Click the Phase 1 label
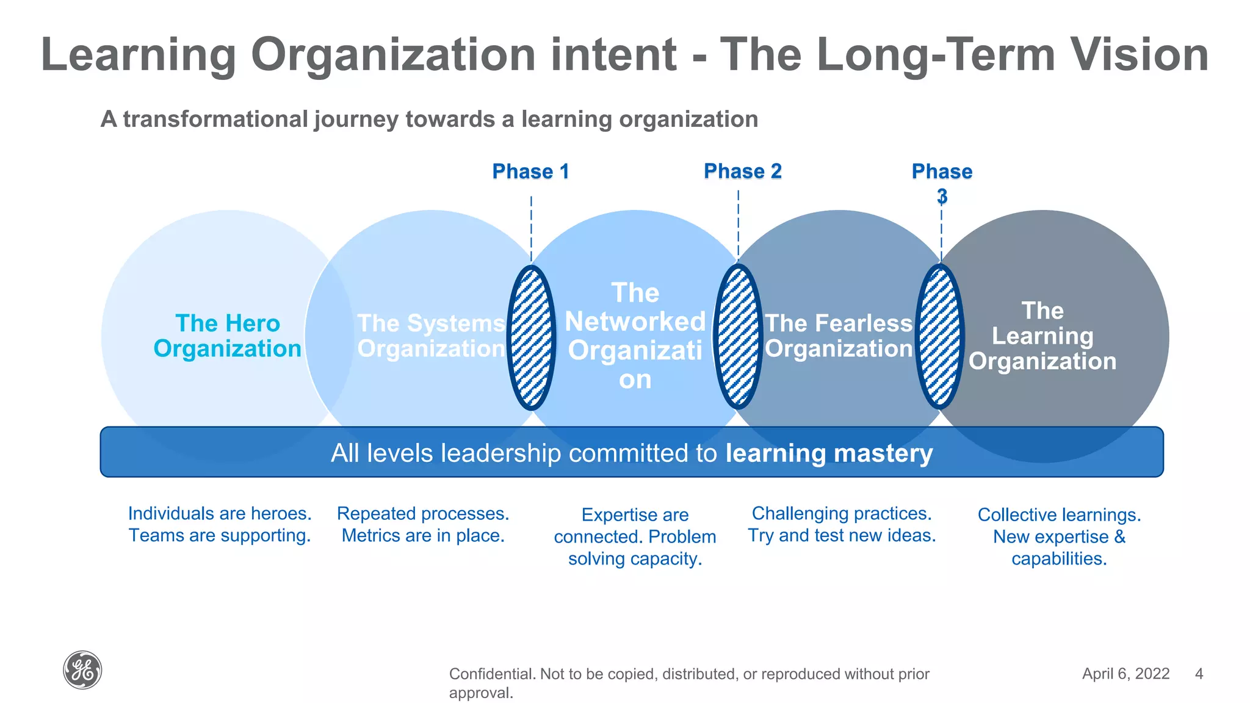click(530, 171)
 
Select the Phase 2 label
click(742, 171)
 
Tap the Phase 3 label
click(942, 182)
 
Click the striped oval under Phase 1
click(532, 337)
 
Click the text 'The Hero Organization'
click(228, 336)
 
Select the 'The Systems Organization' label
click(431, 336)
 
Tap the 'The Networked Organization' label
click(635, 336)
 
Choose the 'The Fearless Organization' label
click(839, 336)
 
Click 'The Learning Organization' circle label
click(1042, 336)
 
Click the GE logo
click(82, 670)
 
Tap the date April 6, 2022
click(1125, 674)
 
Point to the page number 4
click(1199, 674)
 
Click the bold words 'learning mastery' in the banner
click(829, 453)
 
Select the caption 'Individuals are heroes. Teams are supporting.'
click(220, 524)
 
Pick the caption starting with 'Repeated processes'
click(423, 524)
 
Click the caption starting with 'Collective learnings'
click(1059, 536)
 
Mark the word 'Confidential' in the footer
click(491, 674)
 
